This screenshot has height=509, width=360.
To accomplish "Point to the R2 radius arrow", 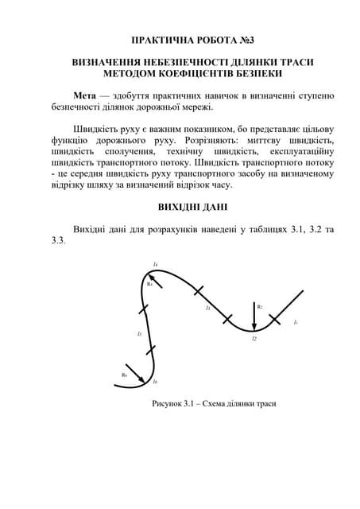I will (x=253, y=317).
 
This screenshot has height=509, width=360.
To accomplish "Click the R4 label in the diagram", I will (x=149, y=284).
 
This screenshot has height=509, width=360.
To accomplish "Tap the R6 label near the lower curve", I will (x=125, y=375).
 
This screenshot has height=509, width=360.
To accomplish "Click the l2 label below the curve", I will (x=254, y=340).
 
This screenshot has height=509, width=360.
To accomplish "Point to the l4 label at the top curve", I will (x=156, y=264).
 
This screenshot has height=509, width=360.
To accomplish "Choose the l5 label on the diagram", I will (x=139, y=334).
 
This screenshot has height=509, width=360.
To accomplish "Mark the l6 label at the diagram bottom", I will (x=154, y=382).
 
